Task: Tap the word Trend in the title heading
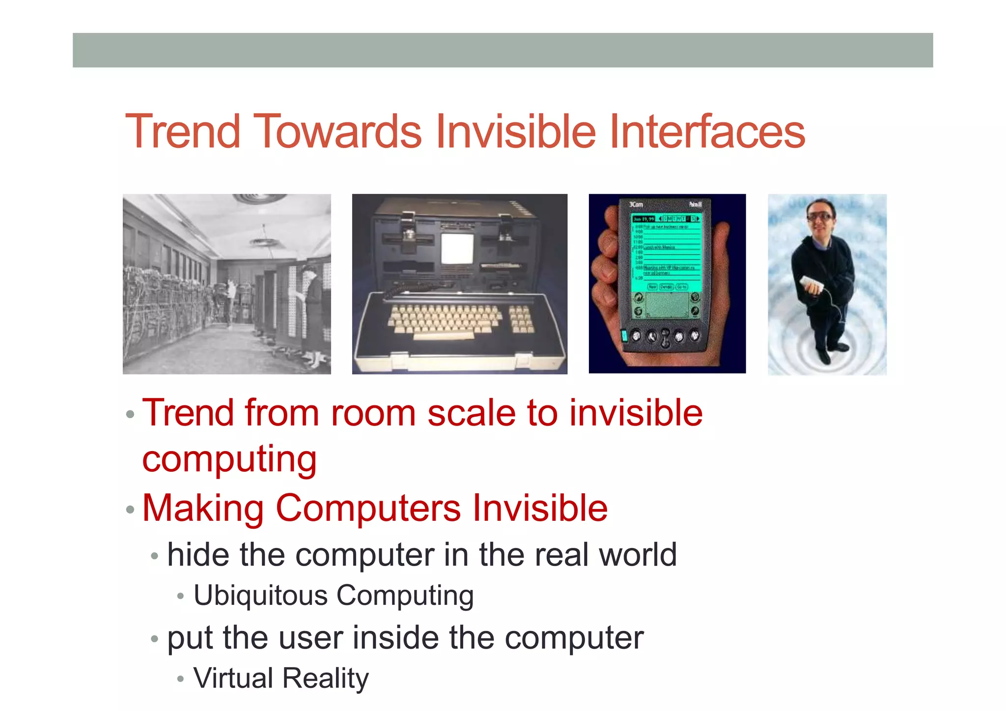pos(182,131)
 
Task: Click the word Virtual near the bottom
pos(233,679)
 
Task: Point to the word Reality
pos(325,679)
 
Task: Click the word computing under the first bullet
pos(229,459)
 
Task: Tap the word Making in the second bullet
pos(203,508)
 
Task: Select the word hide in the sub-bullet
pos(197,555)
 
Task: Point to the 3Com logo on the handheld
pos(636,204)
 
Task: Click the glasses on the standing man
pos(819,216)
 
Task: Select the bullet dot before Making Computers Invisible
pos(130,510)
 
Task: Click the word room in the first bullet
pos(373,413)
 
